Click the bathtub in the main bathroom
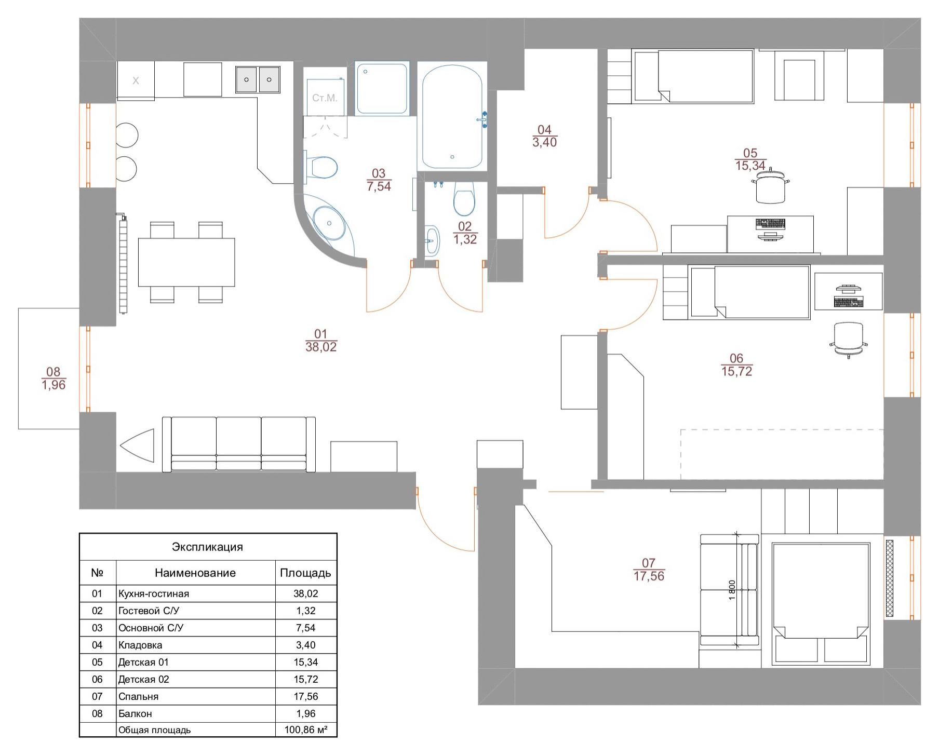pyautogui.click(x=452, y=116)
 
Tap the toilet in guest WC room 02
pyautogui.click(x=464, y=198)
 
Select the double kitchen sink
pyautogui.click(x=258, y=79)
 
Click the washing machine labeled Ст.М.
pyautogui.click(x=325, y=97)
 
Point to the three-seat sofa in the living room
pyautogui.click(x=239, y=444)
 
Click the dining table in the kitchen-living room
pyautogui.click(x=186, y=262)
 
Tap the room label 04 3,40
pyautogui.click(x=544, y=136)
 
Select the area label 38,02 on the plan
pyautogui.click(x=321, y=347)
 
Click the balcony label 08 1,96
pyautogui.click(x=53, y=379)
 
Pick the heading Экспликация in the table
pyautogui.click(x=207, y=547)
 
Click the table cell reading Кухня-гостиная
pyautogui.click(x=154, y=593)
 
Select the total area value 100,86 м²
pyautogui.click(x=306, y=730)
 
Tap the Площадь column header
pyautogui.click(x=305, y=573)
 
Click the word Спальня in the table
pyautogui.click(x=138, y=697)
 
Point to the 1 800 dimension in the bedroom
pyautogui.click(x=732, y=590)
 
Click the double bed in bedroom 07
pyautogui.click(x=821, y=603)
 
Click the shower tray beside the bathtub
pyautogui.click(x=382, y=88)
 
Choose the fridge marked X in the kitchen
pyautogui.click(x=136, y=80)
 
